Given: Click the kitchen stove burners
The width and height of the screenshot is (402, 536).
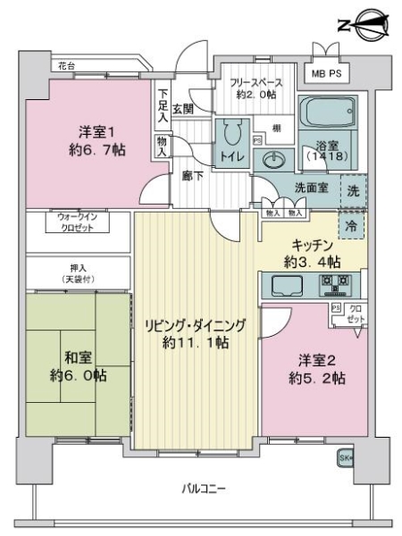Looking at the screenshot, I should click(x=337, y=287).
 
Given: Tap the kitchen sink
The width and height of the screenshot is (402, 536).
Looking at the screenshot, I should click(x=288, y=287).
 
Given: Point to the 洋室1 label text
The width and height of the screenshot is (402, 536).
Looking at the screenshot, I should click(x=86, y=141).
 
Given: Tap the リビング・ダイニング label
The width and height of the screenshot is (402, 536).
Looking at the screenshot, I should click(x=195, y=331).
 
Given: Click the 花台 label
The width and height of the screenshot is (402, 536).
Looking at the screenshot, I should click(x=67, y=66).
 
